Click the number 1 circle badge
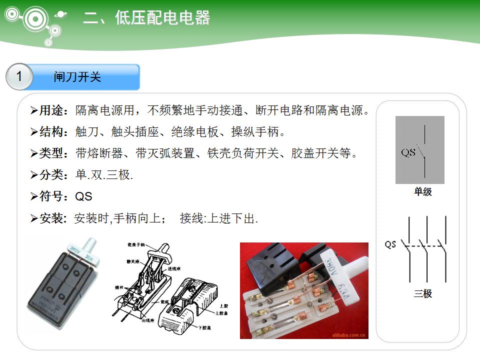click(19, 77)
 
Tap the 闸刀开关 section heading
click(77, 77)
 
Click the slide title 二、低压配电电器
click(146, 18)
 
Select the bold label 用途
click(52, 110)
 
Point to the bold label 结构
click(52, 132)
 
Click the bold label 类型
click(52, 153)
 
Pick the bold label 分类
click(52, 175)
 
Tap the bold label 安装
click(52, 218)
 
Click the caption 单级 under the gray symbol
click(422, 191)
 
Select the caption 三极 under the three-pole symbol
click(422, 293)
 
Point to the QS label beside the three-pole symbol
click(390, 244)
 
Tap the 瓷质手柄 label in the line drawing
click(135, 244)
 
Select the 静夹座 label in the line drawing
click(133, 261)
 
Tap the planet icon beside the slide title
click(61, 14)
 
